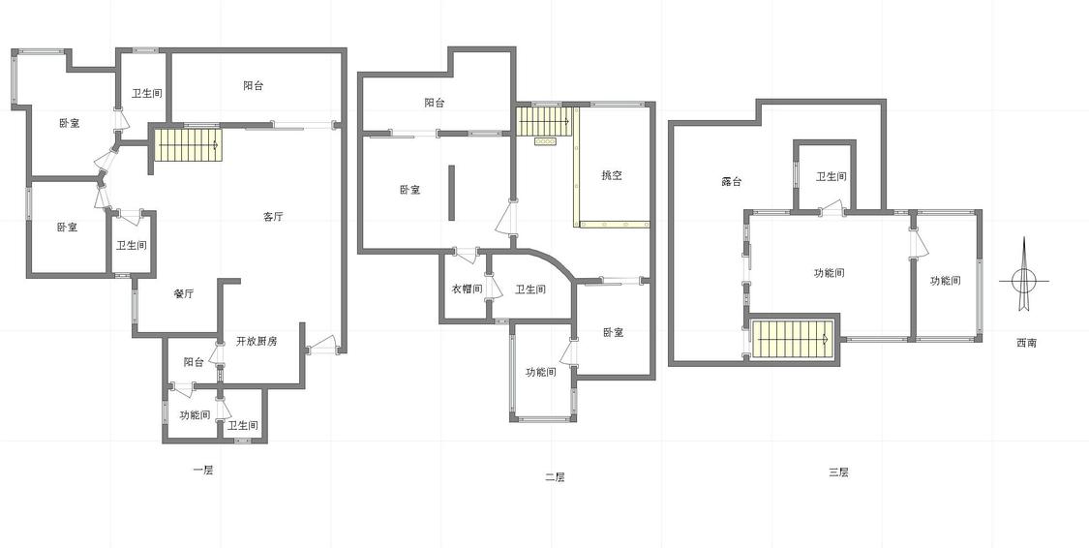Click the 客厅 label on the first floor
[274, 217]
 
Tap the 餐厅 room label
[183, 293]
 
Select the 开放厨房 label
[257, 341]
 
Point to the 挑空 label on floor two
[611, 175]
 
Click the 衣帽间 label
[467, 289]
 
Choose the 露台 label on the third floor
[732, 182]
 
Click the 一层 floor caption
[203, 471]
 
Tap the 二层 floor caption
[555, 477]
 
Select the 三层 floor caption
[838, 473]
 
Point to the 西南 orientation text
[1026, 343]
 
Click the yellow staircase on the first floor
[187, 145]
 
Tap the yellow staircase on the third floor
[793, 339]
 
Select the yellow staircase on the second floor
[544, 122]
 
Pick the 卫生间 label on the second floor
[529, 289]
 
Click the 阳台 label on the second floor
[435, 103]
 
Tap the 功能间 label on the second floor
[540, 373]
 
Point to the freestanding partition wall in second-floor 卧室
[451, 193]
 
